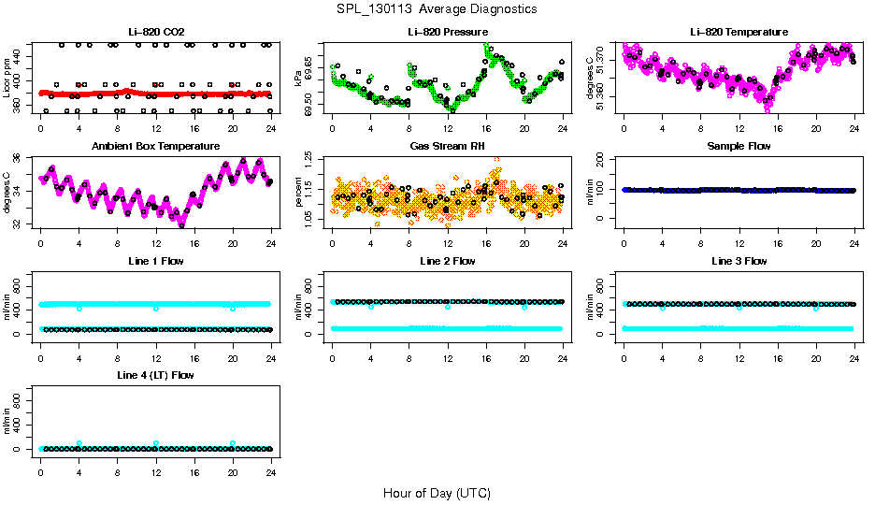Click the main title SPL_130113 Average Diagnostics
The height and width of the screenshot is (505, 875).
[x=437, y=8]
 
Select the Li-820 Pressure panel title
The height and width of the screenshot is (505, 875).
[x=448, y=32]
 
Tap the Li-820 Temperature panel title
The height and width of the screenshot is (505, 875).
[x=739, y=32]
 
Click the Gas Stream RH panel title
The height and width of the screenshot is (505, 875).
[x=448, y=146]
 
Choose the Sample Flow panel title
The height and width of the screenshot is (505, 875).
[x=739, y=146]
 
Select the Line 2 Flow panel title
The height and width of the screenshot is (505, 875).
[x=448, y=261]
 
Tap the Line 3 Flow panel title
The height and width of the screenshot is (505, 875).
[x=739, y=261]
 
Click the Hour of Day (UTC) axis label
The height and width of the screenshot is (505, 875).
[x=437, y=493]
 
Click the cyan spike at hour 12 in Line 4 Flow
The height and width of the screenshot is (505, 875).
[x=156, y=443]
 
